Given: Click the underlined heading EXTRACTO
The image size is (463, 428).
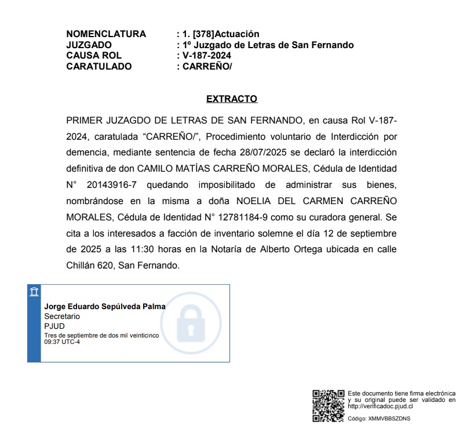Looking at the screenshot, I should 232,99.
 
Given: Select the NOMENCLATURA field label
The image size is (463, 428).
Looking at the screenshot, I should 106,34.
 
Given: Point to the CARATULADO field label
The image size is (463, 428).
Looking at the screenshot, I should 99,66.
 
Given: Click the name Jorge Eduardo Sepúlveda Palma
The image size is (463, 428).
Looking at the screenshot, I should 105,306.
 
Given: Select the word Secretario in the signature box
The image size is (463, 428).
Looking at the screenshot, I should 62,317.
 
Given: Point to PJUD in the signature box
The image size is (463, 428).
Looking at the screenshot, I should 54,327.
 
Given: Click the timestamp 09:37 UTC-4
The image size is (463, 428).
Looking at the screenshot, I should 62,342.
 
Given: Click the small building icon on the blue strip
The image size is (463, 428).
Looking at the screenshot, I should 34,291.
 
